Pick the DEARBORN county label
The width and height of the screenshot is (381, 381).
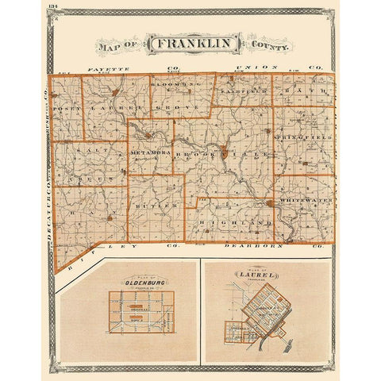[255, 248]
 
